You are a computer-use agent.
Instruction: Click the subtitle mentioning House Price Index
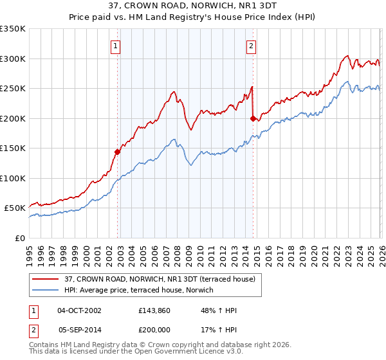tap(192, 17)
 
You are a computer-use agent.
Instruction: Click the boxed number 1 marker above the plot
tap(115, 46)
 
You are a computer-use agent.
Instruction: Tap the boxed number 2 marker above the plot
tap(250, 46)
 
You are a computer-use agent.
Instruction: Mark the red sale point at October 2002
tap(118, 152)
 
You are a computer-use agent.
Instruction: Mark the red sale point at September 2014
tap(253, 118)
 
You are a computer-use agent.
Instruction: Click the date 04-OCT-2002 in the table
tap(79, 310)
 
